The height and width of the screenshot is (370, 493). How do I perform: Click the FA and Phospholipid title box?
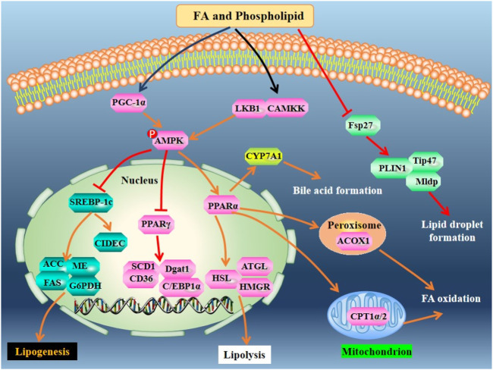[x=245, y=16]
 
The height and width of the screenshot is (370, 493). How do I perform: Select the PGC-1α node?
[x=129, y=102]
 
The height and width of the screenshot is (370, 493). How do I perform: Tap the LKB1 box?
[x=249, y=108]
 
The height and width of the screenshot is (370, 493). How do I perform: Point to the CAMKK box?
[x=286, y=108]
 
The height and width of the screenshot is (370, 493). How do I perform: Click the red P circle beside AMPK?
[x=152, y=134]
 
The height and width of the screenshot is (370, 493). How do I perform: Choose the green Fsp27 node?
[x=361, y=125]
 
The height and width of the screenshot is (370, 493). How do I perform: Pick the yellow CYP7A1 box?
[x=263, y=156]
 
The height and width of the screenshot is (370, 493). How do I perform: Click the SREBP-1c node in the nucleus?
[x=91, y=202]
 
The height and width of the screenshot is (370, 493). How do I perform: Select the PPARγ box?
[x=155, y=224]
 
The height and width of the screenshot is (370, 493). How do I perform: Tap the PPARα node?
[x=222, y=206]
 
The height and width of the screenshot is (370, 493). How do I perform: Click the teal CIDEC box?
[x=110, y=243]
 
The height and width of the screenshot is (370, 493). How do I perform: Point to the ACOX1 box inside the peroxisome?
[x=353, y=241]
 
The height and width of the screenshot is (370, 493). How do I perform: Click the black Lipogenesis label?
[x=42, y=351]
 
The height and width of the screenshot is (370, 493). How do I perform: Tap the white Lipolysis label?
[x=244, y=355]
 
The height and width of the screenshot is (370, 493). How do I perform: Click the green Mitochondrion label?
[x=377, y=351]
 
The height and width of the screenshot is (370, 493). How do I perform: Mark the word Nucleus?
[x=140, y=180]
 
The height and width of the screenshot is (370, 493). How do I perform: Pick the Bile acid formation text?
[x=338, y=190]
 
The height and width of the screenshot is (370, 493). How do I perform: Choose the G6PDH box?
[x=85, y=286]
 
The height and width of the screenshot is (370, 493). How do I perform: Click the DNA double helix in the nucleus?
[x=154, y=306]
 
